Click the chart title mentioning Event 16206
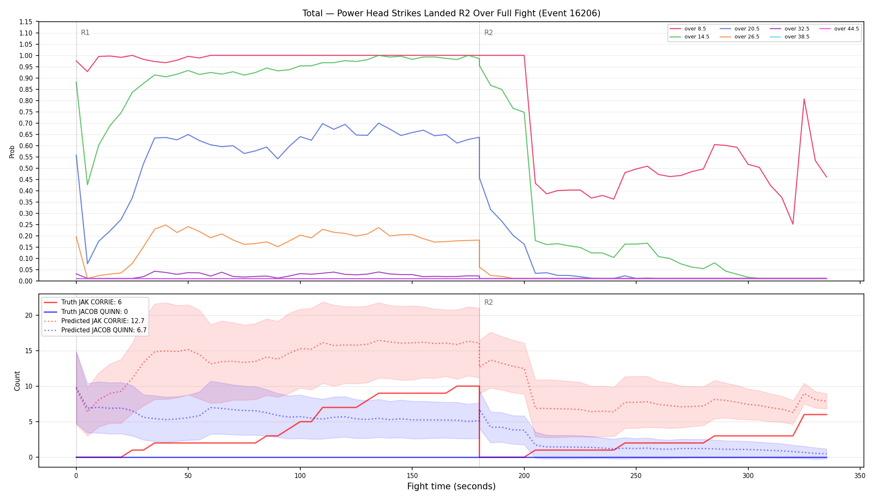[x=451, y=13]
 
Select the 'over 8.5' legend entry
[x=688, y=29]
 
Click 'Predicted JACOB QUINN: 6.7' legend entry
[x=95, y=330]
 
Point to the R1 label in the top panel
[x=85, y=33]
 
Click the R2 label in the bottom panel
[x=488, y=303]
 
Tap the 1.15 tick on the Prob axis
[x=26, y=22]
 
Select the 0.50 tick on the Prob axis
[x=26, y=168]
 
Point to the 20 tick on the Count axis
[x=28, y=315]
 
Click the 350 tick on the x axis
[x=860, y=476]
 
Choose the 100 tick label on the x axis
[x=300, y=476]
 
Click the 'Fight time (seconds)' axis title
[x=451, y=486]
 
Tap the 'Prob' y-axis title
[x=12, y=152]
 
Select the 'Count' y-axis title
[x=17, y=381]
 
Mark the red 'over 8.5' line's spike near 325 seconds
[x=804, y=99]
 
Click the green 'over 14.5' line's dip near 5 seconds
[x=87, y=185]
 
